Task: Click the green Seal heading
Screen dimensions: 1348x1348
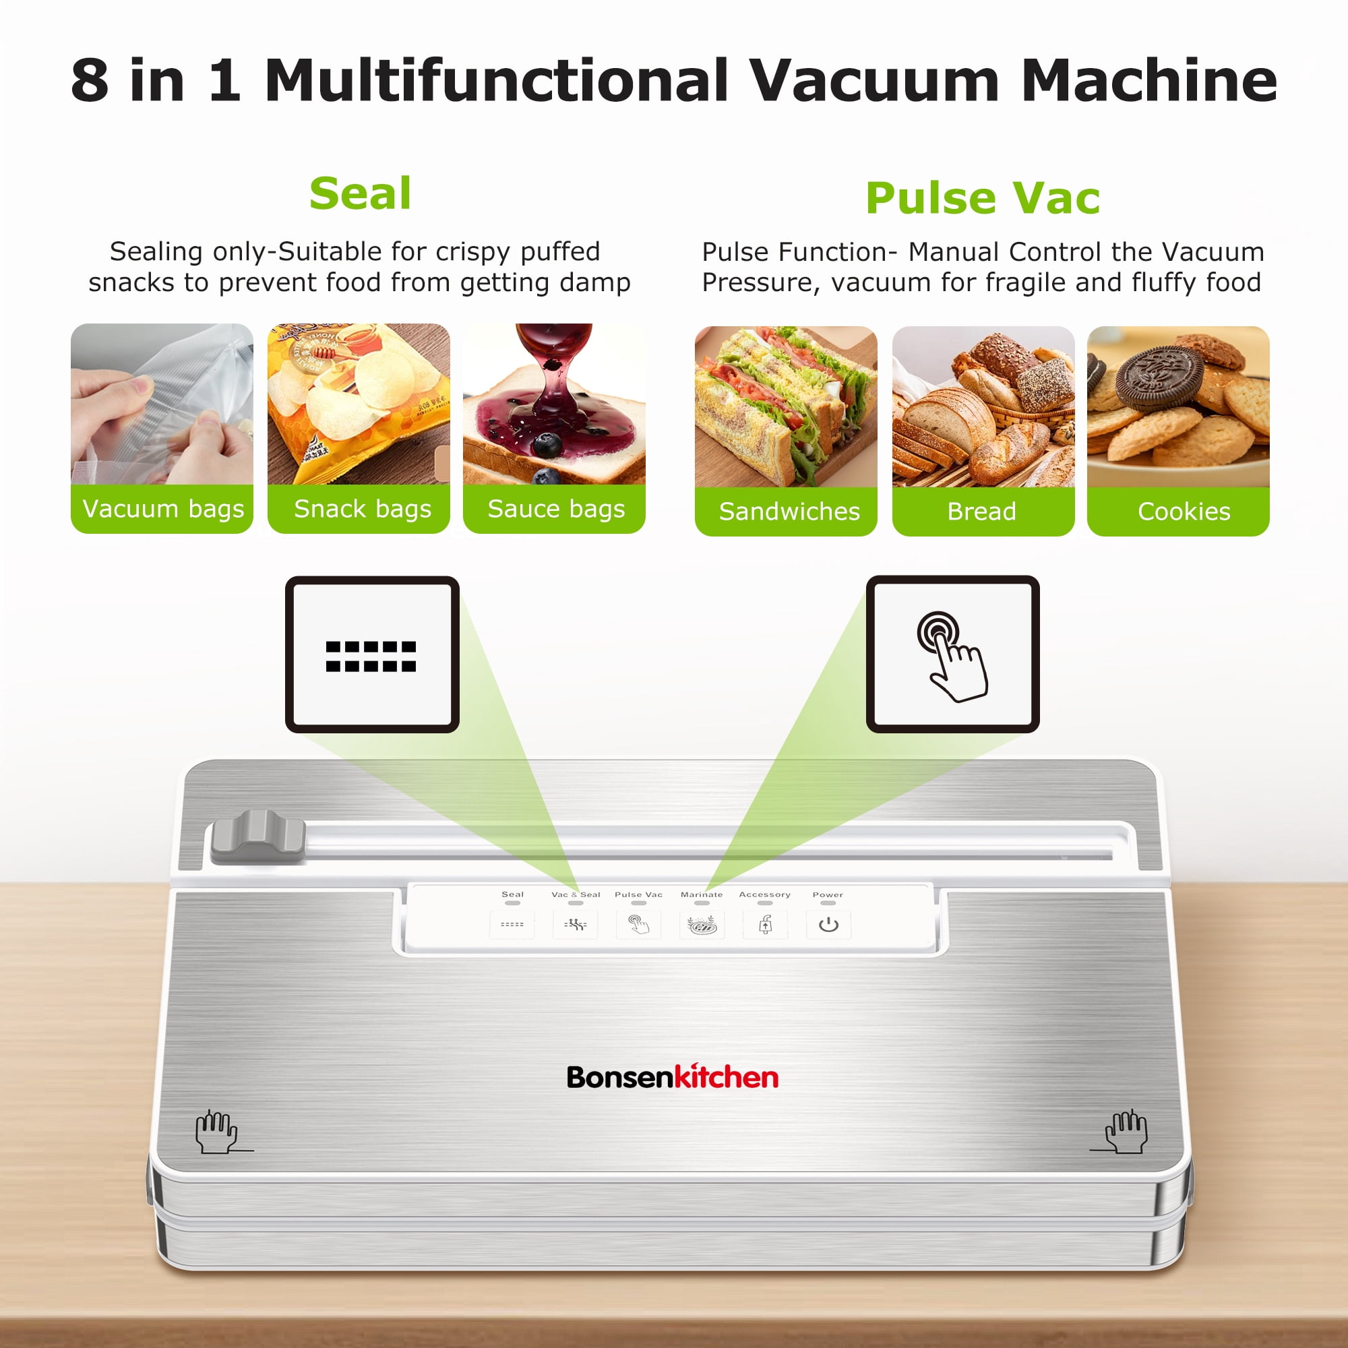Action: click(x=360, y=193)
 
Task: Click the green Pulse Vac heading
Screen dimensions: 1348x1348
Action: click(x=983, y=198)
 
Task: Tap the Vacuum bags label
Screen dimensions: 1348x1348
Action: click(x=162, y=509)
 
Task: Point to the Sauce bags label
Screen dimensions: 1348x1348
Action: click(x=555, y=509)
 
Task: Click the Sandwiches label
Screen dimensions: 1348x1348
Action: click(x=789, y=512)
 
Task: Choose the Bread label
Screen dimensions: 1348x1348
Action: click(x=982, y=512)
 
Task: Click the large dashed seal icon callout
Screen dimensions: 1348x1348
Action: click(x=372, y=654)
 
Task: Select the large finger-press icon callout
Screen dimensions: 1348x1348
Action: click(x=952, y=654)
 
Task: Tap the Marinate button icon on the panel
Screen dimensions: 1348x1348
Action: click(x=702, y=925)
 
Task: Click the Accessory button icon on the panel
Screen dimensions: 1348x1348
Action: click(x=766, y=925)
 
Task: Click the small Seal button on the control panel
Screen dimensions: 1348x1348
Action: click(x=512, y=925)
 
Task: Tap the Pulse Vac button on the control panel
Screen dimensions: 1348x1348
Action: click(x=638, y=925)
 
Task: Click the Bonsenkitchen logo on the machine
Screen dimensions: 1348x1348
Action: click(x=672, y=1077)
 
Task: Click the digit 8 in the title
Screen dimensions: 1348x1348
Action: click(x=90, y=80)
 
